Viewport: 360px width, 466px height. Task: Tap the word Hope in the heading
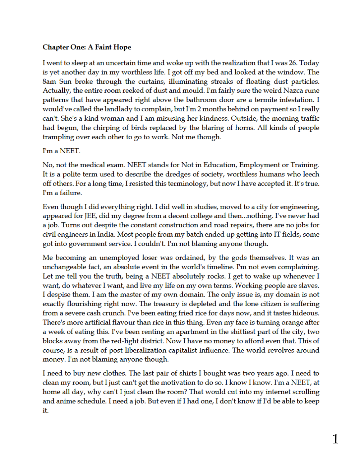click(122, 47)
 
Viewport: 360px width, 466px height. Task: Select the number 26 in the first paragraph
click(293, 63)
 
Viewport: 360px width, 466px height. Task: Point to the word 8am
click(49, 81)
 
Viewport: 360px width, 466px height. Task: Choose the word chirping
click(105, 127)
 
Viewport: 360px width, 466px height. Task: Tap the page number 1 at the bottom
click(335, 439)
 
